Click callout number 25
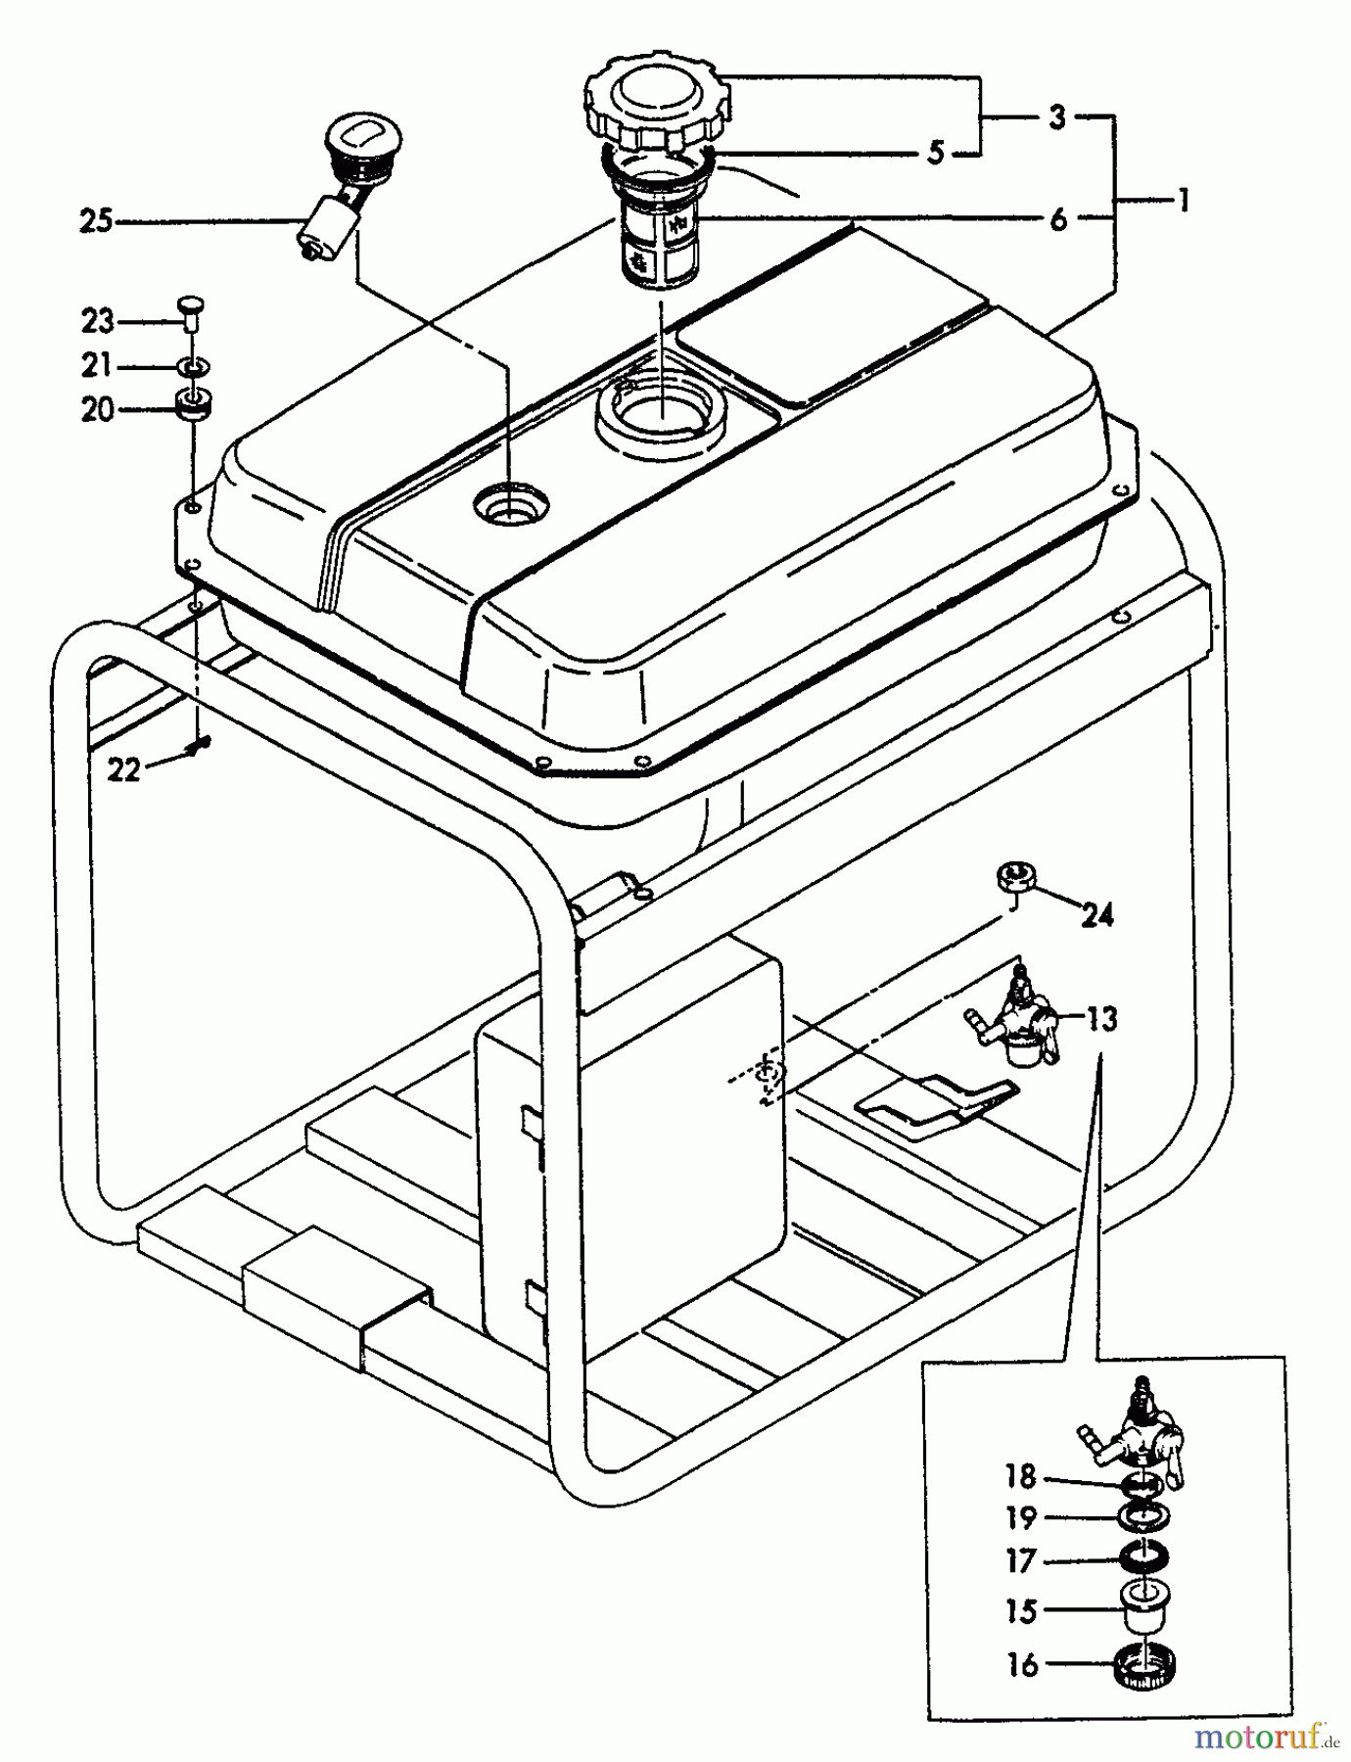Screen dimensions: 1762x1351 point(96,222)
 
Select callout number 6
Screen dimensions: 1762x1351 point(1058,218)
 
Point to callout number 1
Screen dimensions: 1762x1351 point(1183,201)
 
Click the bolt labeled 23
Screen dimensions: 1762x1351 point(192,310)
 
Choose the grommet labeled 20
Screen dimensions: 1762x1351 point(193,402)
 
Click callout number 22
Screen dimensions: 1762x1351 point(123,770)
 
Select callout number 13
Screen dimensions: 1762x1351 point(1101,1019)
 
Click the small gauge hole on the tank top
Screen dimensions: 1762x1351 point(510,506)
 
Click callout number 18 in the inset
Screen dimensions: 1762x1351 point(1020,1475)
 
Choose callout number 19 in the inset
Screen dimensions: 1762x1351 point(1020,1517)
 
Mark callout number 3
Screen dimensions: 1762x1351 point(1056,117)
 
